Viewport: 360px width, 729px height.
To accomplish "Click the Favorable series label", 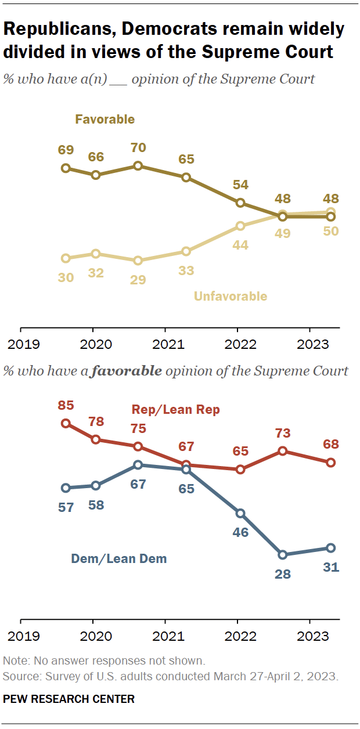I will click(105, 120).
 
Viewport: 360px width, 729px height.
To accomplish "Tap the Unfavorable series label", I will click(231, 296).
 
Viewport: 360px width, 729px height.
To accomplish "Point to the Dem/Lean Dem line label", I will click(119, 559).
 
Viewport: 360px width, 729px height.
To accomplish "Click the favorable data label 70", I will click(138, 148).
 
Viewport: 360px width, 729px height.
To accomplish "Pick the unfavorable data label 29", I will click(138, 279).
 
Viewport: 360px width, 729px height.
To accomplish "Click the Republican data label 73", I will click(283, 433).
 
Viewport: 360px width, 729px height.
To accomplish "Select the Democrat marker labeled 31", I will click(331, 547).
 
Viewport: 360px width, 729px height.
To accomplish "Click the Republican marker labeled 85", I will click(66, 423).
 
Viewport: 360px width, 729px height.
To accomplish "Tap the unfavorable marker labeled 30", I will click(66, 258).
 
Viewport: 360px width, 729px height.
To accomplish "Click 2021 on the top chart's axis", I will click(167, 344).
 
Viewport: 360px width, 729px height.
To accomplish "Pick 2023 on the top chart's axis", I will click(312, 344).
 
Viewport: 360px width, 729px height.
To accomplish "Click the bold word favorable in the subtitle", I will click(133, 370).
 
